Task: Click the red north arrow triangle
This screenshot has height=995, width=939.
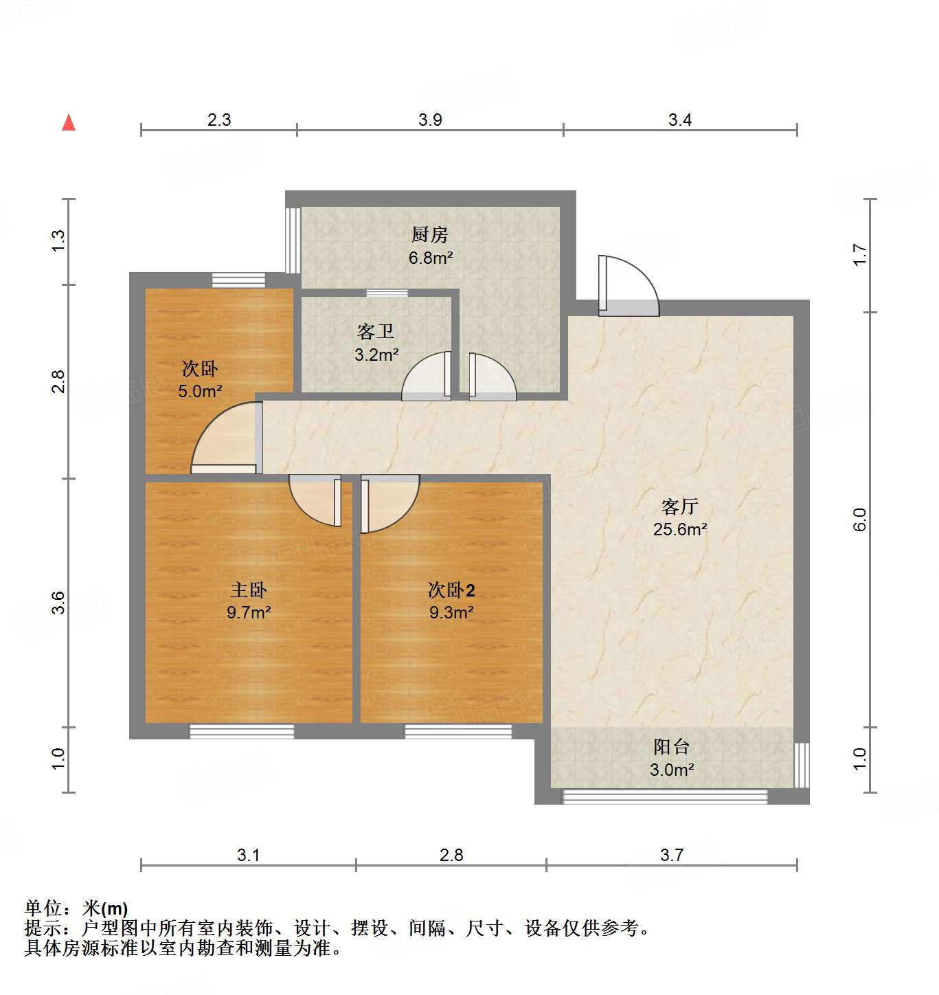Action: pos(69,123)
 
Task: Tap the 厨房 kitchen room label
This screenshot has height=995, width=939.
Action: pos(430,235)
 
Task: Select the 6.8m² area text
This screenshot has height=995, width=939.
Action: pos(431,258)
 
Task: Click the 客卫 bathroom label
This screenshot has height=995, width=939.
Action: pos(376,333)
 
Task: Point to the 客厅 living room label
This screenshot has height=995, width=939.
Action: pos(680,507)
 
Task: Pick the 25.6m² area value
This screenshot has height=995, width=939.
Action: pos(680,530)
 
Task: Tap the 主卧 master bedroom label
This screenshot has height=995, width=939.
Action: pos(248,590)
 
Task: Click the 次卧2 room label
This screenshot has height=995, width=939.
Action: pos(451,590)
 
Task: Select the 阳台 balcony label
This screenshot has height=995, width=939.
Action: pos(671,747)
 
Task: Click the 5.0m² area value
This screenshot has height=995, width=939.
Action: pos(200,392)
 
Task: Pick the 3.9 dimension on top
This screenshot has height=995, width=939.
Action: pos(430,120)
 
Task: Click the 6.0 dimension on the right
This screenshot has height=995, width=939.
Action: pos(860,519)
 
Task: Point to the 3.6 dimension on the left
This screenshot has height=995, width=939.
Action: pos(58,602)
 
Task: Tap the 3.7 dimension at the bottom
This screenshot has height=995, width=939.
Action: pos(672,856)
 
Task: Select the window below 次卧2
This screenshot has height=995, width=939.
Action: pos(457,731)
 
